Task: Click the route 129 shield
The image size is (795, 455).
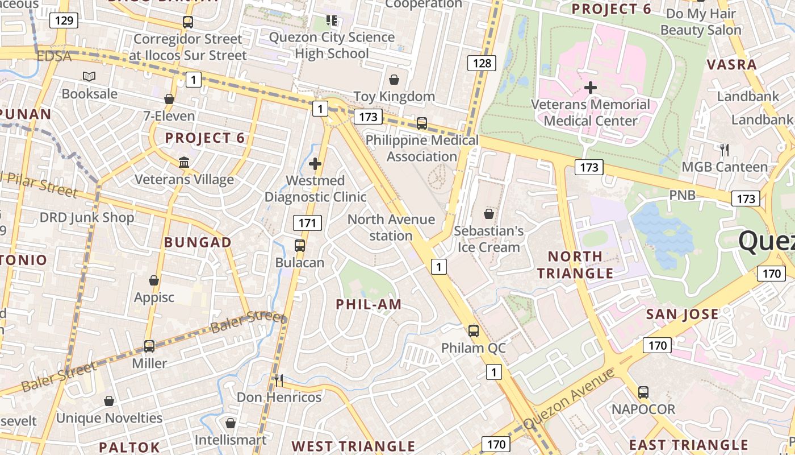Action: coord(63,21)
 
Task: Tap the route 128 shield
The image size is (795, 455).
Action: coord(482,63)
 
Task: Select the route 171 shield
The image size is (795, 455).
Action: coord(307,223)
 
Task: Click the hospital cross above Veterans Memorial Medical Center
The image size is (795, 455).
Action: coord(591,88)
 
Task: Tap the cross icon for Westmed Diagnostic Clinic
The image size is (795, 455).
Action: coord(315,164)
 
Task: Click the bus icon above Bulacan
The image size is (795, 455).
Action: coord(300,246)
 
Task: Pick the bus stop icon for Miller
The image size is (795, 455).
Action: coord(149,346)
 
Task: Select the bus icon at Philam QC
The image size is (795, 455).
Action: coord(473,330)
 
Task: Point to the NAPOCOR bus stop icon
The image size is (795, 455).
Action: coord(643,392)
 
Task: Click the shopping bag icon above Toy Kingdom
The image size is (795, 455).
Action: coord(394,80)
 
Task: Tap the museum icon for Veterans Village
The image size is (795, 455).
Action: coord(184,163)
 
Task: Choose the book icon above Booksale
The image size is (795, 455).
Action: coord(89,76)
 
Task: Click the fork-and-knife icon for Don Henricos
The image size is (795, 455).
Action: coord(278,380)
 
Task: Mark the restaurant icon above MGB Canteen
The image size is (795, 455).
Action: coord(724,150)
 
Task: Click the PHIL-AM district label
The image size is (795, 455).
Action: coord(369,304)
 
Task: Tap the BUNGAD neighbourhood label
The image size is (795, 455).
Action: coord(198,242)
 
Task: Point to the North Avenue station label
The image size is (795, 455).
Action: coord(391,227)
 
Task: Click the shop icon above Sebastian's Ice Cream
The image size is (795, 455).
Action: coord(488,214)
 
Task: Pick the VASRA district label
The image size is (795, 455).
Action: coord(732,64)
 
